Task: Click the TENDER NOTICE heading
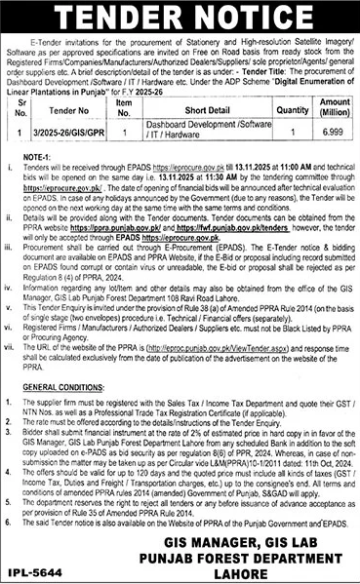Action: pos(180,19)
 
